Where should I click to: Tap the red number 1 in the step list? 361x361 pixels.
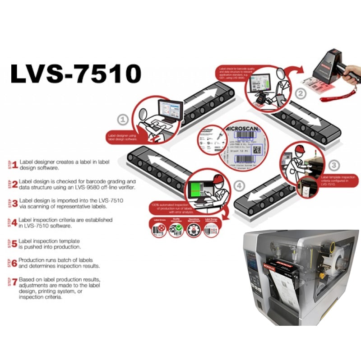point(15,165)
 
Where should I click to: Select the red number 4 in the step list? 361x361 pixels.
point(15,222)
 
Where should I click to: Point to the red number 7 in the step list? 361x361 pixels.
point(15,282)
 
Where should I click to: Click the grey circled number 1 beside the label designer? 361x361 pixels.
point(123,120)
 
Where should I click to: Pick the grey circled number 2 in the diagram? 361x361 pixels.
point(300,94)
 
